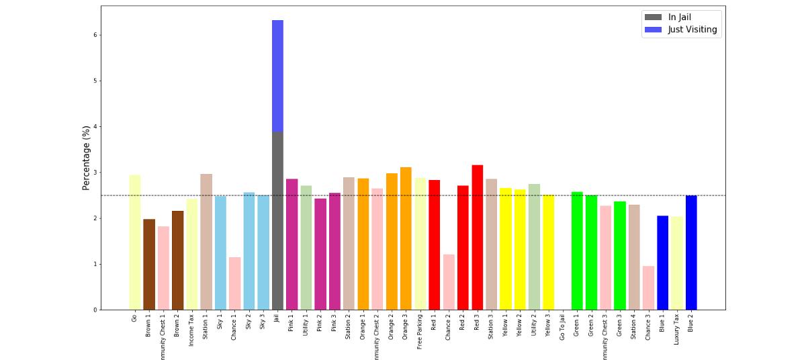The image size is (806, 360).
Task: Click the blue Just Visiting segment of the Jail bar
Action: click(x=277, y=76)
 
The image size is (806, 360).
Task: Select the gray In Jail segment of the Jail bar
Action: click(x=277, y=221)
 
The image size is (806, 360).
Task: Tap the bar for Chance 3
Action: click(x=648, y=288)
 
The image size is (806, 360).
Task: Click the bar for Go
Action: click(x=135, y=242)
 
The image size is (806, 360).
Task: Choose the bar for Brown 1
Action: click(x=149, y=265)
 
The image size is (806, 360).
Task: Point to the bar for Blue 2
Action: click(x=691, y=253)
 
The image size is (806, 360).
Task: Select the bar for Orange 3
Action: click(x=406, y=238)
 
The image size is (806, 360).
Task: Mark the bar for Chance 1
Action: click(x=234, y=283)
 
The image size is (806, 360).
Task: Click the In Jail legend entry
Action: click(x=679, y=17)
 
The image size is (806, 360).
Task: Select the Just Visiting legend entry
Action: click(x=692, y=30)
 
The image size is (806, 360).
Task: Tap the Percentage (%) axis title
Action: click(x=86, y=157)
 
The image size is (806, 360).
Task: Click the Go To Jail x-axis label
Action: click(x=563, y=328)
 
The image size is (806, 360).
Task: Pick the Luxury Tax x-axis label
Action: click(x=677, y=328)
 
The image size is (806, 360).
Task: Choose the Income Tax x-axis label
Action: click(x=191, y=329)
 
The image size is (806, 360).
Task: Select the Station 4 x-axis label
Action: click(x=634, y=327)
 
